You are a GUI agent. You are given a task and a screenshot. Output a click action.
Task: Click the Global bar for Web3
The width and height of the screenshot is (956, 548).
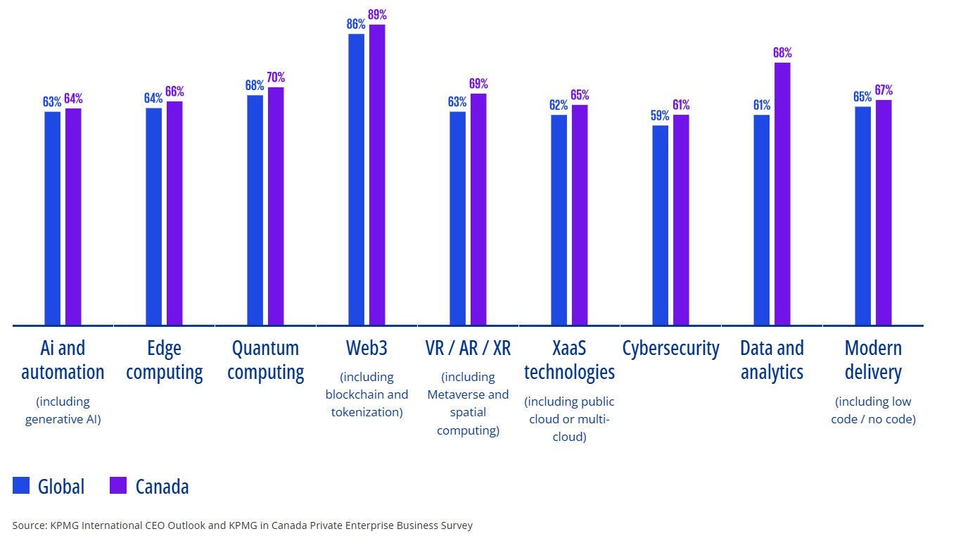click(356, 180)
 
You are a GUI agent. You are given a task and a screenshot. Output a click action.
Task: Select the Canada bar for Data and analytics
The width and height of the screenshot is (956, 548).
click(782, 194)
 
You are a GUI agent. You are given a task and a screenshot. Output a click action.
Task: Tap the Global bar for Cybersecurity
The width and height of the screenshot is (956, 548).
click(660, 225)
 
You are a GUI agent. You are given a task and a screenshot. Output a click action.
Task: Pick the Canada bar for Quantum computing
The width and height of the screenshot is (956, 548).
click(276, 206)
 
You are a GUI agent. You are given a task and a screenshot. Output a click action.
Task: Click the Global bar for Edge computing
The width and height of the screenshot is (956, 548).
click(153, 216)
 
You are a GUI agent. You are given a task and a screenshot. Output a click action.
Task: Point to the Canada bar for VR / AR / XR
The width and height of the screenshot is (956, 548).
click(478, 209)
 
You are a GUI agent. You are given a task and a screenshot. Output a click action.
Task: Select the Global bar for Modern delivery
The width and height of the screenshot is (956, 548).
click(862, 216)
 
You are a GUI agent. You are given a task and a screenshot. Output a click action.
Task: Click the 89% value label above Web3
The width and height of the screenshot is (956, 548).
click(378, 15)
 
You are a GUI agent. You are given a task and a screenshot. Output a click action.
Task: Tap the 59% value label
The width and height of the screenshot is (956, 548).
click(660, 116)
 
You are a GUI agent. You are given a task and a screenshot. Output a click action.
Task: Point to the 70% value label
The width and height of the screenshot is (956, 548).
click(276, 77)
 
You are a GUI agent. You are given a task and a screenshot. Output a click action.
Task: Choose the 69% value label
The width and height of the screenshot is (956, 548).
click(478, 84)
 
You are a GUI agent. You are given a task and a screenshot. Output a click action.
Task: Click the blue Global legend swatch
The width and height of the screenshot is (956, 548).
click(21, 485)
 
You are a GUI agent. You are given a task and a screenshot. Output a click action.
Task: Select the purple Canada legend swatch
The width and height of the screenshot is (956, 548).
click(118, 485)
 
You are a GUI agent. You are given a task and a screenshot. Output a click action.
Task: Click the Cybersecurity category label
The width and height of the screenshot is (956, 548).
click(670, 348)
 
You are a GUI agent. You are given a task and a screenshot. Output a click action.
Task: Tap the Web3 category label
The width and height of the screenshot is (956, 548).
click(367, 348)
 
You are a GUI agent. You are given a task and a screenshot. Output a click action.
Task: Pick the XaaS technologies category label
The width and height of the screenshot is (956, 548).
click(569, 360)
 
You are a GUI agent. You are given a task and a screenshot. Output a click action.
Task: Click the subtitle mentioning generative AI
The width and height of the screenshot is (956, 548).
click(63, 411)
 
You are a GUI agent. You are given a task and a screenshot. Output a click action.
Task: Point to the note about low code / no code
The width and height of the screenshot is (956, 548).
click(873, 411)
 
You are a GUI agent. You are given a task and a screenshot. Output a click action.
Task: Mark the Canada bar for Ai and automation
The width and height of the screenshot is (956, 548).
click(73, 216)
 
